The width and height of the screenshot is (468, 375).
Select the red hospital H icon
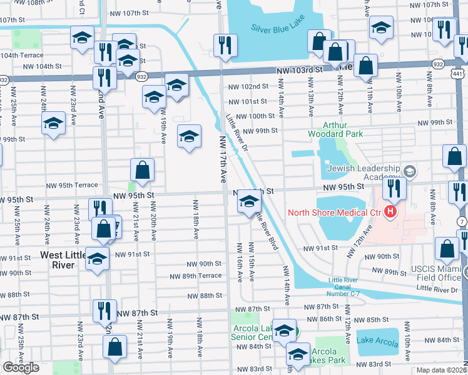[x=391, y=212]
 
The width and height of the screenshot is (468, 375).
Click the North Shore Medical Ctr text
[x=335, y=212]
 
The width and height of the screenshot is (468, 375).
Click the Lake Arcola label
[x=377, y=340]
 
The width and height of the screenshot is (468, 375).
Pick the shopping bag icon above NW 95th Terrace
[x=143, y=169]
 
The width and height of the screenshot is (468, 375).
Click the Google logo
[x=20, y=368]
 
